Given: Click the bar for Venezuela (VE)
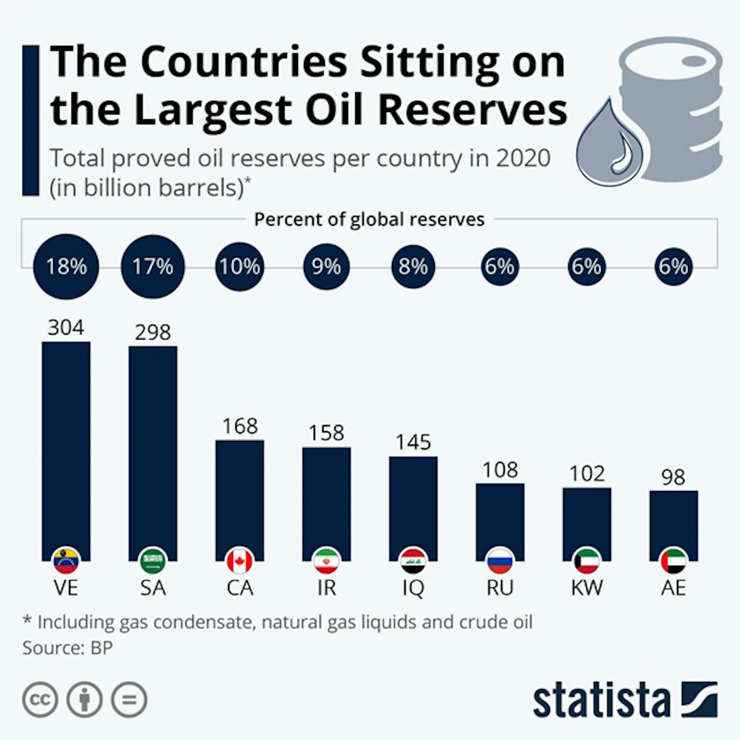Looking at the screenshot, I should [66, 444].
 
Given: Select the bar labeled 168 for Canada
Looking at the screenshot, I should [240, 494].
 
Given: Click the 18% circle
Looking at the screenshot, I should [66, 267].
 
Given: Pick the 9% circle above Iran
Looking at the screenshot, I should [326, 267].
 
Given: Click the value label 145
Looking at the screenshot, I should [413, 442].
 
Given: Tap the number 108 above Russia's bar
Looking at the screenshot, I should [500, 470].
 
